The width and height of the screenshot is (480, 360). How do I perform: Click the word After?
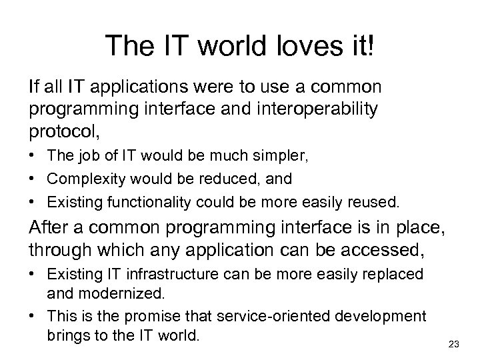47,227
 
